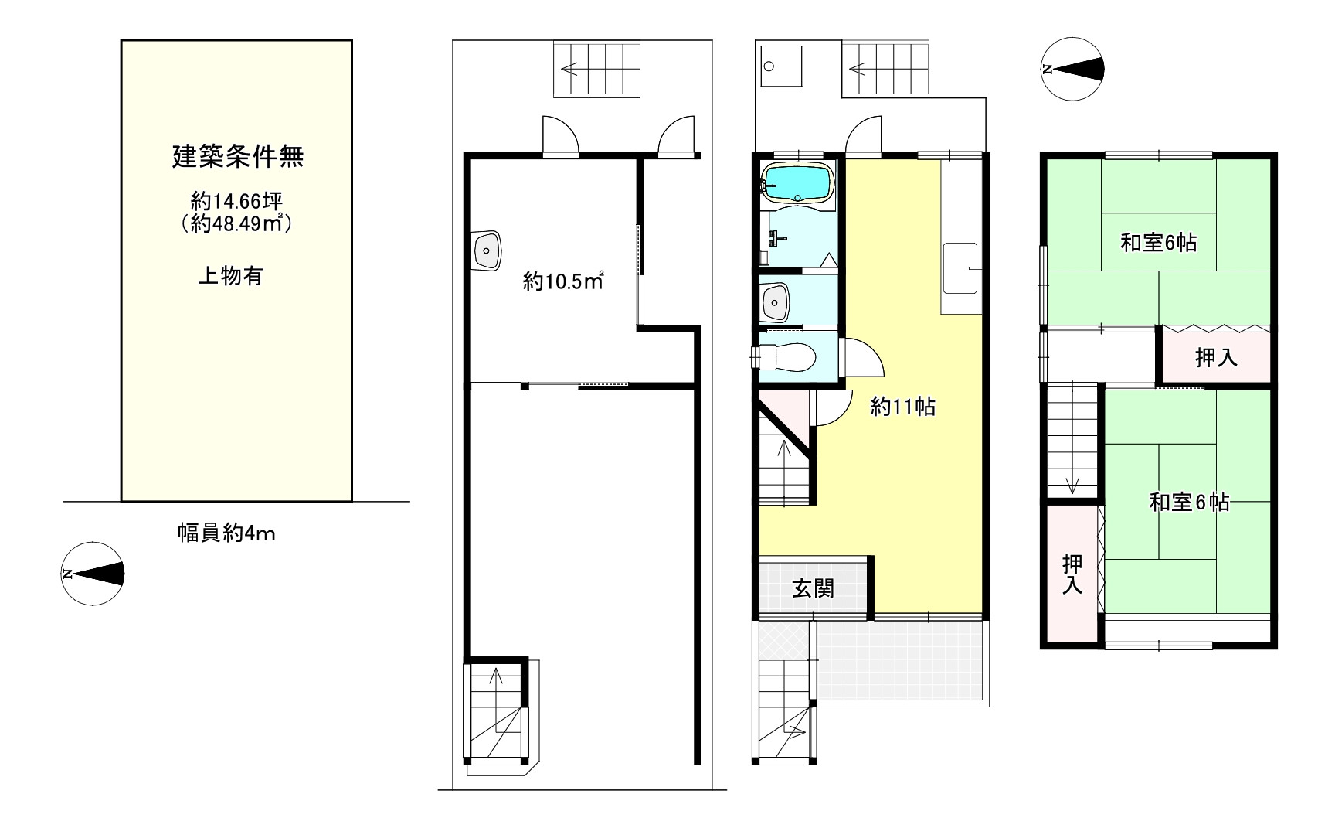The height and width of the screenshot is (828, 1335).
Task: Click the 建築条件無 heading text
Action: [237, 157]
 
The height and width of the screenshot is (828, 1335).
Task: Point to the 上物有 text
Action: [230, 276]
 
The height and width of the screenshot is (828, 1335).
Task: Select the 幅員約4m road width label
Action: [226, 533]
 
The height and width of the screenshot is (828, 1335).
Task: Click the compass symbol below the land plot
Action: [93, 574]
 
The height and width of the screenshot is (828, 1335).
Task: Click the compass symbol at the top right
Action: [1072, 70]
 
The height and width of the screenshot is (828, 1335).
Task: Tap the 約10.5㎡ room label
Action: [562, 282]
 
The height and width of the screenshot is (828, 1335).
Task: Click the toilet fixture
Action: [786, 357]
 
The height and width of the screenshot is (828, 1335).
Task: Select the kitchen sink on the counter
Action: [960, 268]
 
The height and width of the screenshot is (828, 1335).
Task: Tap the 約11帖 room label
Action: [902, 407]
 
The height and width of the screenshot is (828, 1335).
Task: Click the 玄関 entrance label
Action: [814, 589]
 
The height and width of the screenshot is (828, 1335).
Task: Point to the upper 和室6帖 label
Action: [1158, 243]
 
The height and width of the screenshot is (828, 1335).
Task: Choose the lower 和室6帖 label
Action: [1189, 503]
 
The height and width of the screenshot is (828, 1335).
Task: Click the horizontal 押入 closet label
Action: [1216, 357]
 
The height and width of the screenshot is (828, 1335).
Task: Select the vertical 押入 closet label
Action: [1072, 574]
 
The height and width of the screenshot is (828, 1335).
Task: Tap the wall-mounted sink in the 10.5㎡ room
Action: [486, 250]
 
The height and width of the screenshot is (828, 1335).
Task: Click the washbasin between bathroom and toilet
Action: [776, 302]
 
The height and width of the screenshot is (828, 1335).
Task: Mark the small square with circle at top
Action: [781, 66]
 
